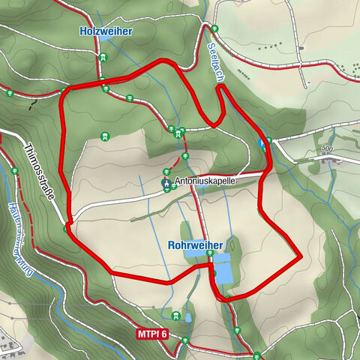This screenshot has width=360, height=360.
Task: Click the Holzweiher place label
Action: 106,31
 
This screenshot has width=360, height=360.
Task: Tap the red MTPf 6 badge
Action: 153,333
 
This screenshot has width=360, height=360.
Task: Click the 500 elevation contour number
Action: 326,149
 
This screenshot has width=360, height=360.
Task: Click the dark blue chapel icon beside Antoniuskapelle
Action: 166,181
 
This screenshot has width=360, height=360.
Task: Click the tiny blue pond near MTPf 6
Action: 187,317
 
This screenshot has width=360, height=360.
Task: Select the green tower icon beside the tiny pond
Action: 176,316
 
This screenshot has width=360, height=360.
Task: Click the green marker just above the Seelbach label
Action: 214,30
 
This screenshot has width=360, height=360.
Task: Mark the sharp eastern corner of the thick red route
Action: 300,257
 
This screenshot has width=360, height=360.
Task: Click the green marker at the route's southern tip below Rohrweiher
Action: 222,298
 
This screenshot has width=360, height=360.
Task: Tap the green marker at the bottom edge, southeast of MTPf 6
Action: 256,355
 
